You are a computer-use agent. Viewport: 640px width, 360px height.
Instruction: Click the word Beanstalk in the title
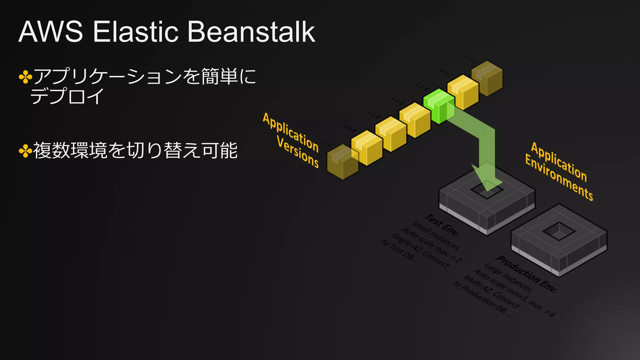point(251,32)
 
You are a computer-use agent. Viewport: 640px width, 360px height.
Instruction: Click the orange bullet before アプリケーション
point(25,77)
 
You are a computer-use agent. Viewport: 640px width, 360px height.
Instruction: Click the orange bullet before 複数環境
point(25,151)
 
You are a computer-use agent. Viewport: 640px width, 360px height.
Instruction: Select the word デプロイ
point(67,96)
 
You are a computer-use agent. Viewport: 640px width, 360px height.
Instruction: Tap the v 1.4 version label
point(422,87)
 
